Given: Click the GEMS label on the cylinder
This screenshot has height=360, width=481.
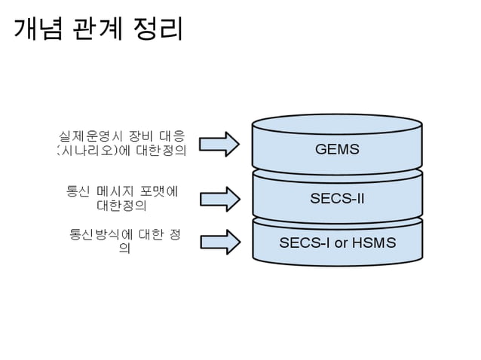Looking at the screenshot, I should point(337,149).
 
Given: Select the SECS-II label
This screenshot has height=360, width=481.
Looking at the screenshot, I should point(337,199).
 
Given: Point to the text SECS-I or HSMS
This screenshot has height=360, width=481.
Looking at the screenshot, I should point(337,243).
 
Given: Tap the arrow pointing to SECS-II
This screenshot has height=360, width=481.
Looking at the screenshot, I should point(220,197).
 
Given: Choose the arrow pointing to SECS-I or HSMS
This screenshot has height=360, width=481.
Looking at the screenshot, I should point(220,241).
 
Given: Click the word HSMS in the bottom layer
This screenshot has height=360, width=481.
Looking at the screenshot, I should point(374,243).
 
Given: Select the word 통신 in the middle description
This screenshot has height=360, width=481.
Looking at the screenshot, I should point(79,190).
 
